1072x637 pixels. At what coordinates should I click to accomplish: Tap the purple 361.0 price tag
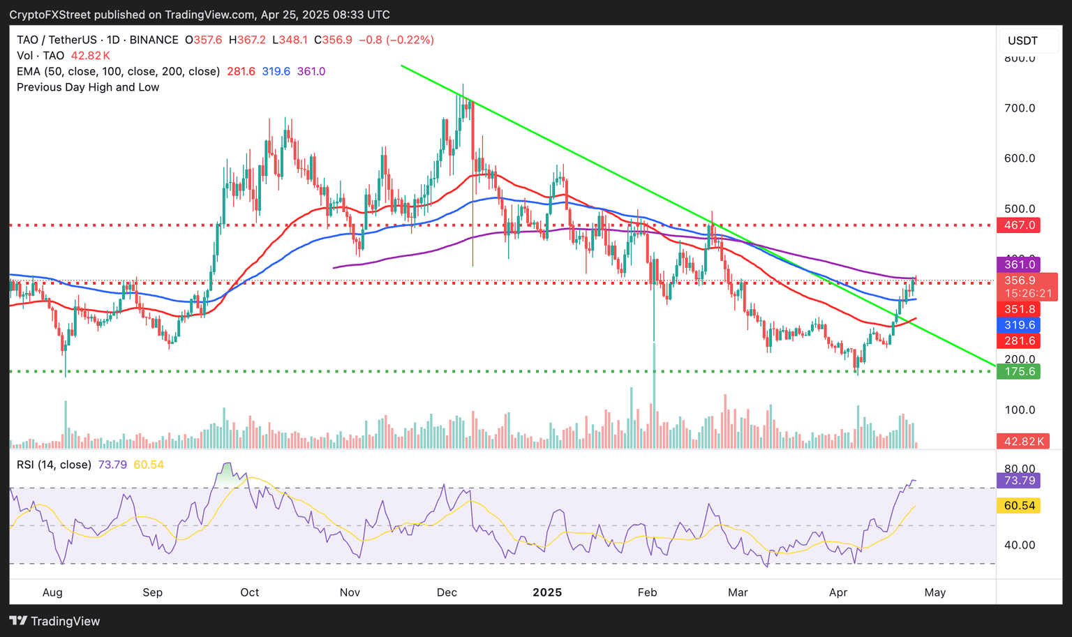[x=1019, y=264]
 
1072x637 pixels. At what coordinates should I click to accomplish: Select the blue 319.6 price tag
[x=1019, y=325]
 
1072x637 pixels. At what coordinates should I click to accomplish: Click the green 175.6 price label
[x=1019, y=372]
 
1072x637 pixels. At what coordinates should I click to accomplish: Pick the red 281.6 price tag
[x=1019, y=341]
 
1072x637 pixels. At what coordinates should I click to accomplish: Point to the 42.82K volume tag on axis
[x=1023, y=442]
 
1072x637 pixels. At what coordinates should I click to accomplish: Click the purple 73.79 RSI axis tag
[x=1019, y=481]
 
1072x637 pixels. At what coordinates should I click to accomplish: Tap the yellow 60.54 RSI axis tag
[x=1019, y=506]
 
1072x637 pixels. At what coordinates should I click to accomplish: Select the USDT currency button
[x=1022, y=40]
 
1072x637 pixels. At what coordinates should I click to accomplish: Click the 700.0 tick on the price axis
[x=1019, y=108]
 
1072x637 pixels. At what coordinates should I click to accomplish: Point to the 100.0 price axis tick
[x=1019, y=410]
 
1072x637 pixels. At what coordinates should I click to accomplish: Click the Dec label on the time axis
[x=447, y=592]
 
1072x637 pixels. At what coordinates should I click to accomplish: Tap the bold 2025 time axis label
[x=547, y=592]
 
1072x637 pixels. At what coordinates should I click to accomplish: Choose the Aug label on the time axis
[x=52, y=592]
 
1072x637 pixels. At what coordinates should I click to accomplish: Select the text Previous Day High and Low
[x=88, y=87]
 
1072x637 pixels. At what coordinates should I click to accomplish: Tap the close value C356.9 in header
[x=333, y=40]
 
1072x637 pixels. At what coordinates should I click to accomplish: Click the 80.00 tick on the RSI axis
[x=1019, y=469]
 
